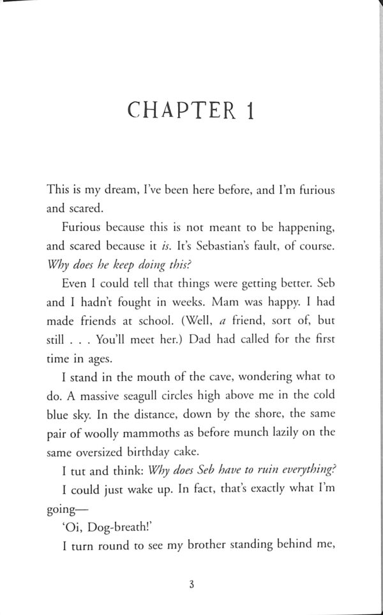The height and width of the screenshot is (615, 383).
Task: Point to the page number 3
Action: click(x=191, y=584)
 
